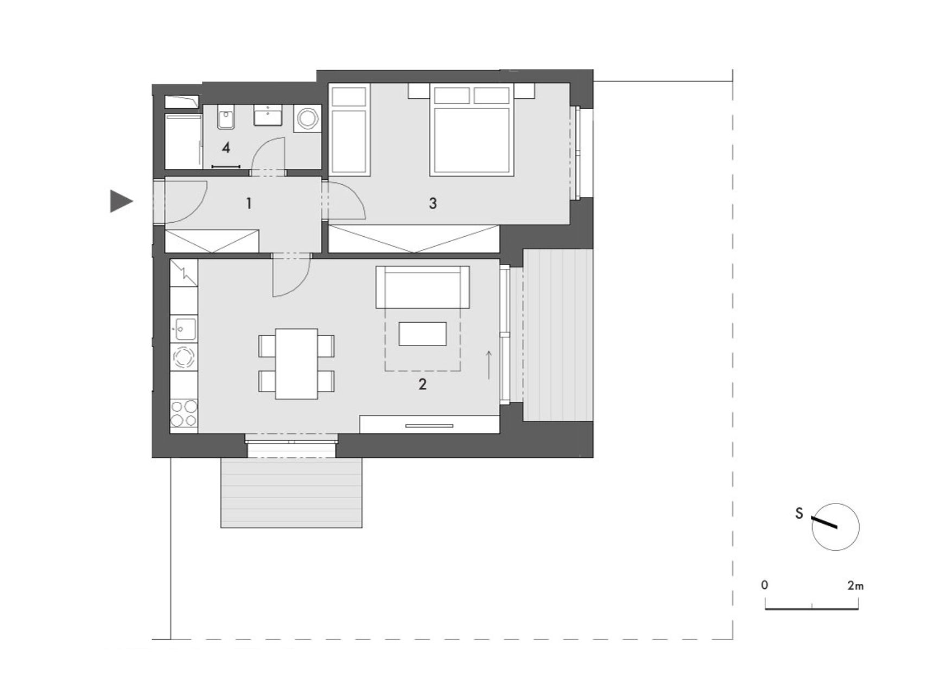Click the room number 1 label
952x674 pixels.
(x=249, y=204)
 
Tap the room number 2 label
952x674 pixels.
(x=422, y=385)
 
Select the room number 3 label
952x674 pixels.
(x=433, y=203)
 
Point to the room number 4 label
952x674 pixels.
(x=226, y=147)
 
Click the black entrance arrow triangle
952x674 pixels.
(x=120, y=201)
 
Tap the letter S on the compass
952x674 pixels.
(x=799, y=513)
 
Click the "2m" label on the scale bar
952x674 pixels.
(x=855, y=585)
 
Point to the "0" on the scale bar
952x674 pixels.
(x=765, y=585)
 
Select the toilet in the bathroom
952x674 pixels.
(x=225, y=117)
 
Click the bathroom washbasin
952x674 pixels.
(x=268, y=116)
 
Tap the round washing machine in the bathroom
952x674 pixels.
(x=307, y=118)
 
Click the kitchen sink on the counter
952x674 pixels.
(x=185, y=329)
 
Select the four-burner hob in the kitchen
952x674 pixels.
(x=184, y=413)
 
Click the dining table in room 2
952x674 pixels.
(x=296, y=363)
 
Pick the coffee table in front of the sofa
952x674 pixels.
(x=423, y=333)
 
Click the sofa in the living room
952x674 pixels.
(x=423, y=287)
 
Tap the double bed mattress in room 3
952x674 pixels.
(x=472, y=141)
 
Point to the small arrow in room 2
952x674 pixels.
(x=489, y=364)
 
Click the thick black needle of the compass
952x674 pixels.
(x=824, y=522)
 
